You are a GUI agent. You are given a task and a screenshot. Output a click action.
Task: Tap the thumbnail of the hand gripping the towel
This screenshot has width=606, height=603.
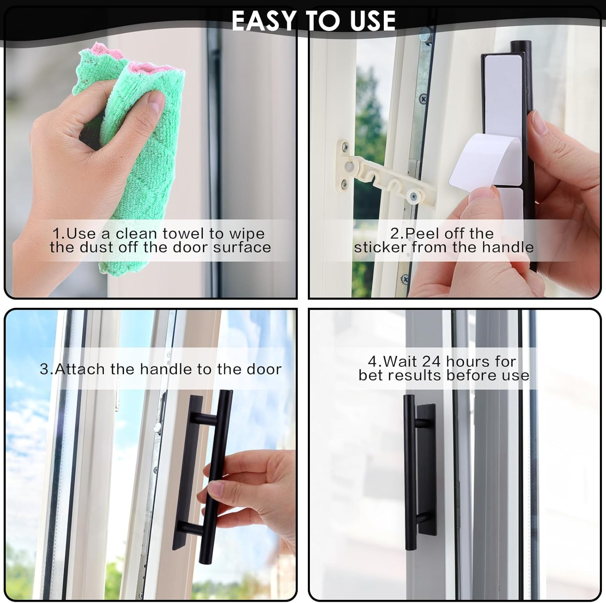click(x=154, y=103)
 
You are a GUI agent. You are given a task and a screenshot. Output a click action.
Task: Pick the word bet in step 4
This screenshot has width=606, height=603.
click(x=371, y=375)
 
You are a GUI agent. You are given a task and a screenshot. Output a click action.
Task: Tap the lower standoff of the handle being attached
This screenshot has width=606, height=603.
click(x=190, y=527)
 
